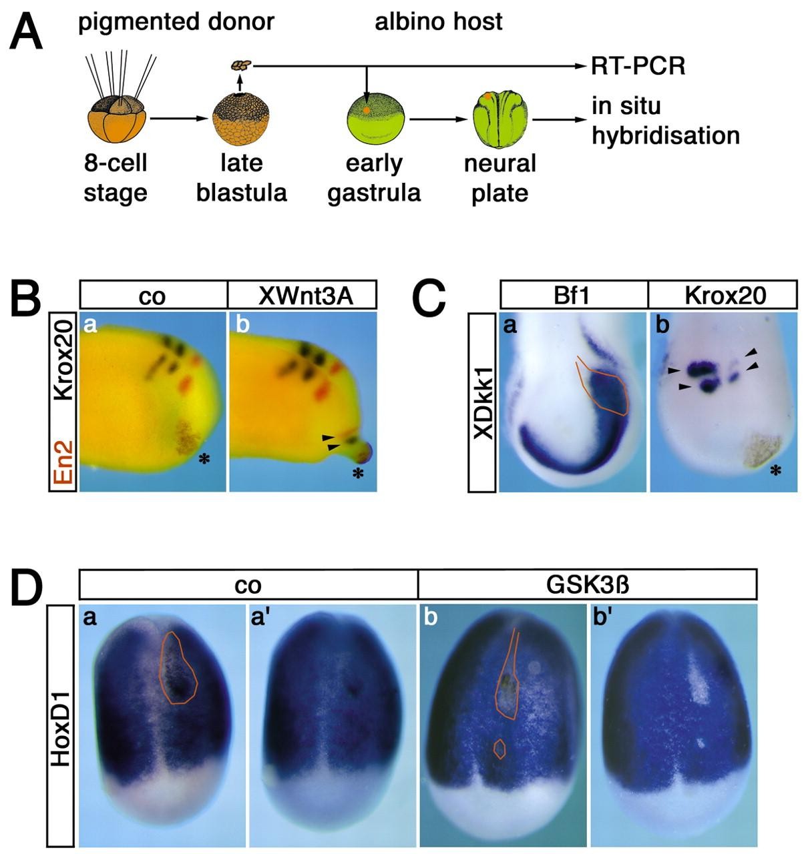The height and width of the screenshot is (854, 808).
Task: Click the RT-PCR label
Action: pos(638,67)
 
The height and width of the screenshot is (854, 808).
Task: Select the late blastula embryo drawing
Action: pos(240,117)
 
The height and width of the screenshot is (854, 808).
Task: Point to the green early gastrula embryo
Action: pos(375,117)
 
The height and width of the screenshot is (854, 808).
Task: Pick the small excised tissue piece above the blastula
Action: pos(241,65)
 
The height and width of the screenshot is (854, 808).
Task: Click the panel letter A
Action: pos(26,33)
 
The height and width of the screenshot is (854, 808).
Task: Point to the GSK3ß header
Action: pos(588,584)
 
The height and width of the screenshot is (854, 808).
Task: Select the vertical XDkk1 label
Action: pos(482,404)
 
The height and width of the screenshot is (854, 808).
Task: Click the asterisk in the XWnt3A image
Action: pos(357,474)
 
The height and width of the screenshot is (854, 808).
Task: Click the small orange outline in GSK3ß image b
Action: pos(500,749)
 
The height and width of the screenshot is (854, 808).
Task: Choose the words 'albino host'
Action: pos(438,22)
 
